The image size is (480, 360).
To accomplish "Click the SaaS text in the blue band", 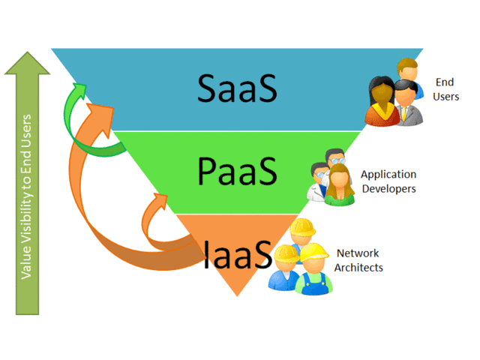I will coord(237,89).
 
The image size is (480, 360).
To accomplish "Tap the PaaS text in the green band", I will coord(239,171).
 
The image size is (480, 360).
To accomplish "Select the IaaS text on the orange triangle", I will coord(237,253).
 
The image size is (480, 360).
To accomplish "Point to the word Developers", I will coord(388,188).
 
